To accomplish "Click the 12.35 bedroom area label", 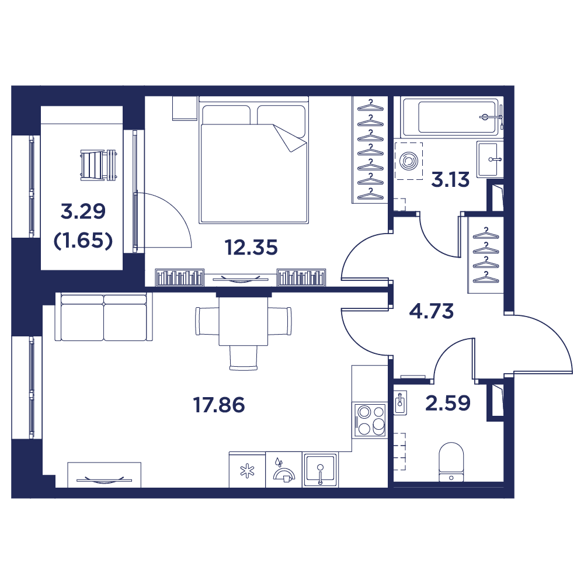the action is [251, 247].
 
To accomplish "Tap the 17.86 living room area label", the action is [219, 405].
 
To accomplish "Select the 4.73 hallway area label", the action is [432, 311].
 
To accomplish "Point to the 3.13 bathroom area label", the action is [450, 179].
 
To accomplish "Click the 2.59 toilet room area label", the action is [448, 403].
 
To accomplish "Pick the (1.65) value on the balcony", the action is [83, 241].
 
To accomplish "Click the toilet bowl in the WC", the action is [451, 462].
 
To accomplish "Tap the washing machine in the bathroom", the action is [409, 161].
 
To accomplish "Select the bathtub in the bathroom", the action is [453, 117].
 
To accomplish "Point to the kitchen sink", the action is [320, 470].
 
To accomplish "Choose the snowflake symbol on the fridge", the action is [247, 471].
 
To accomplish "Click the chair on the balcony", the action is [98, 165].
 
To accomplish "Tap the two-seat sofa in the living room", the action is [103, 317].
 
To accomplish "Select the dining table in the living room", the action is [243, 321].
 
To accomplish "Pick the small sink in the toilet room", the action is [400, 402].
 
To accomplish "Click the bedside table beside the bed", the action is [185, 109].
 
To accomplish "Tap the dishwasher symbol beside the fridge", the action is [284, 470].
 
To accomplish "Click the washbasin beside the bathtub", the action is [489, 159].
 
